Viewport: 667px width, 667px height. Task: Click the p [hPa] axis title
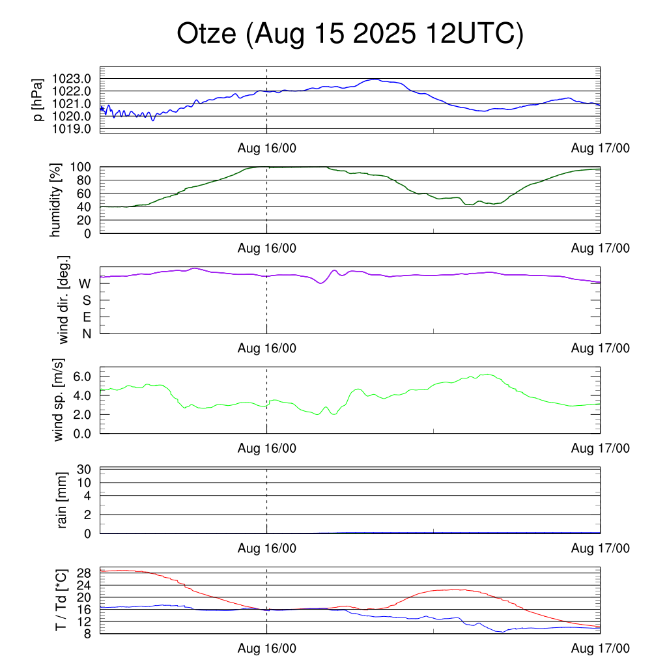[x=39, y=99]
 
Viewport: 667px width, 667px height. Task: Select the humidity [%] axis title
[x=55, y=200]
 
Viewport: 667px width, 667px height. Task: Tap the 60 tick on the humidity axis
[x=85, y=193]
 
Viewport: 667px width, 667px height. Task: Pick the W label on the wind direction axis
[x=85, y=284]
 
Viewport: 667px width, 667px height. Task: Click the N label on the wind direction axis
[x=85, y=333]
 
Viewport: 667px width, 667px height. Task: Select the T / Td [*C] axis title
[x=60, y=599]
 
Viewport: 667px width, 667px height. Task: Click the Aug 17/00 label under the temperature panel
[x=601, y=648]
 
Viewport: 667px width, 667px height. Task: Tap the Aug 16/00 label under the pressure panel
[x=267, y=148]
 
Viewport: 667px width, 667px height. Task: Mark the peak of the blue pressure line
[x=374, y=79]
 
